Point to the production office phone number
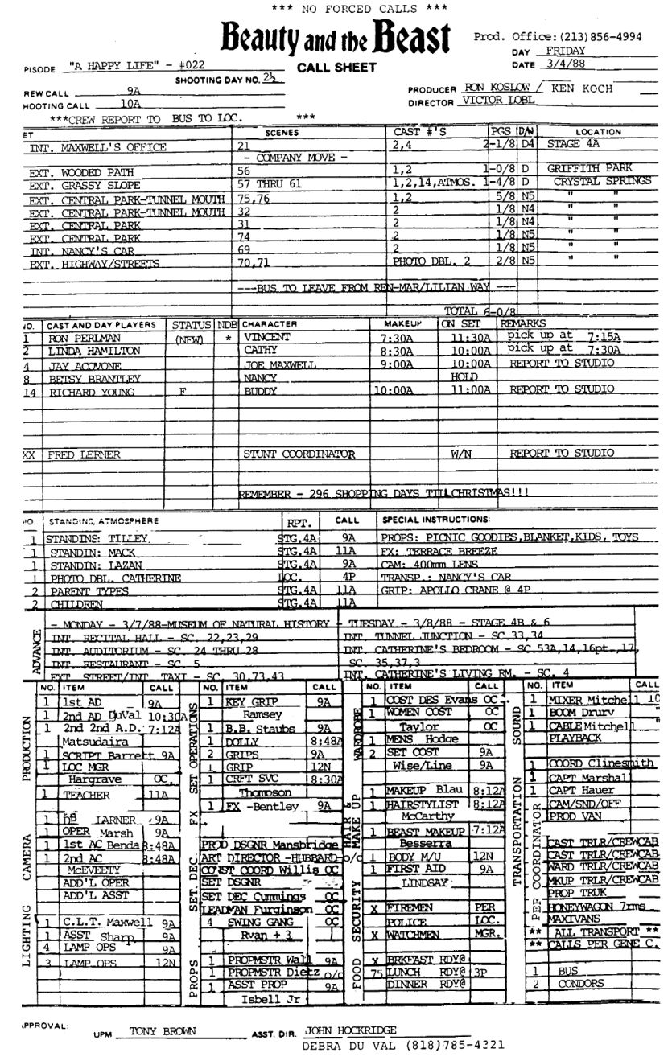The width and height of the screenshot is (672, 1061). coord(592,36)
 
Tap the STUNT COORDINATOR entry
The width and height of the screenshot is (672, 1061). coord(299,454)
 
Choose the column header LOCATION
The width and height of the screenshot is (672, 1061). coord(598,132)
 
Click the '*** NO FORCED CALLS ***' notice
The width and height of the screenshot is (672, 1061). coord(336,9)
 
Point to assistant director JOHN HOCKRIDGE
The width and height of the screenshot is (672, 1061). coord(352,1030)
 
